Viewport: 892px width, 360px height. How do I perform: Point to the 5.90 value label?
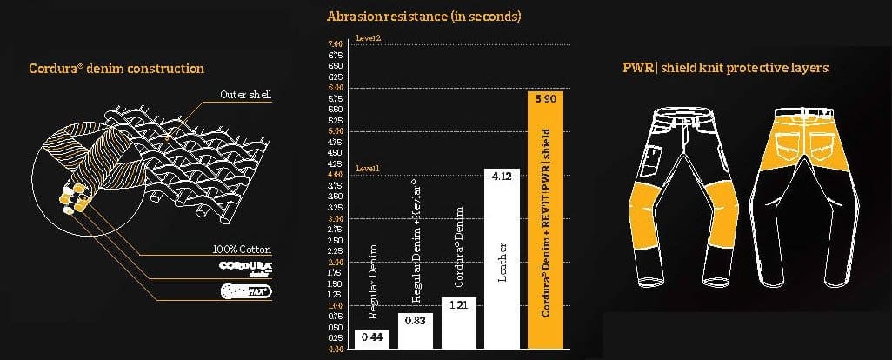click(550, 101)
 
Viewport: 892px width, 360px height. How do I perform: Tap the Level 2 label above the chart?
click(368, 38)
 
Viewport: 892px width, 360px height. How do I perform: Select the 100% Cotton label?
click(237, 250)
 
